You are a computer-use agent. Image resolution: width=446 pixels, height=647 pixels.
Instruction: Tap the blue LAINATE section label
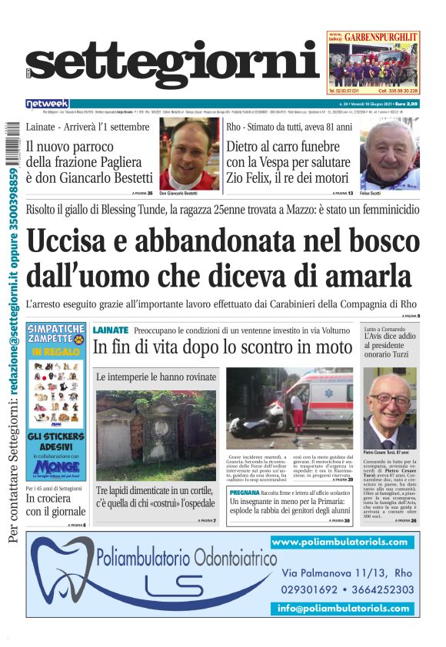coord(110,330)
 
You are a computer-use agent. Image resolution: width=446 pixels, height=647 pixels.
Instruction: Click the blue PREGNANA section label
coord(249,492)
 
